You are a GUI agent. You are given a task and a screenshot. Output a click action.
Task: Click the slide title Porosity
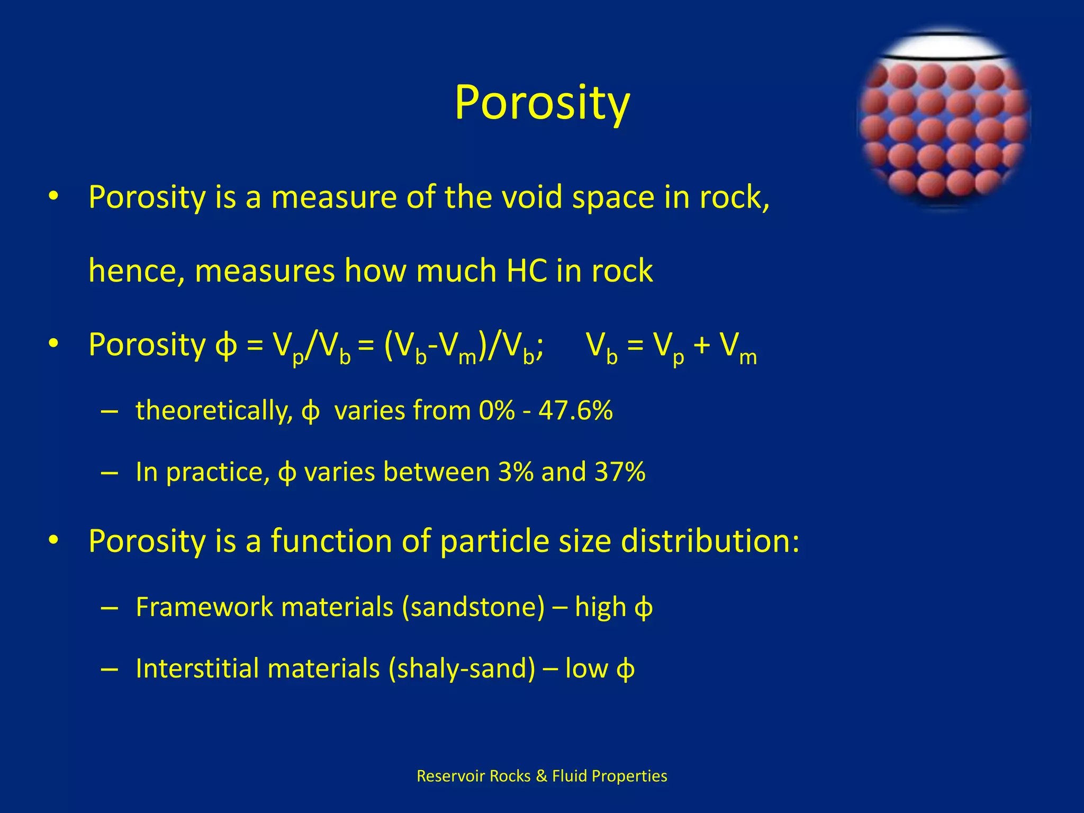(542, 103)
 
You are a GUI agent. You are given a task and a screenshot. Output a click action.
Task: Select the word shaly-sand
(462, 668)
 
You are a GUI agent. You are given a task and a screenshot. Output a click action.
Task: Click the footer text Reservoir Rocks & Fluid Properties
(541, 776)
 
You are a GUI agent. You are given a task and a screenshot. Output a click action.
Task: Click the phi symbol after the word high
(643, 608)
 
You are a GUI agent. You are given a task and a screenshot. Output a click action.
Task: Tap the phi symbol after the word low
(625, 669)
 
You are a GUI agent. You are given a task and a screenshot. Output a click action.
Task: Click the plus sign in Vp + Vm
(702, 345)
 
